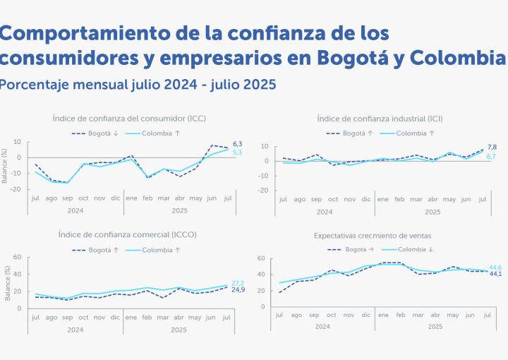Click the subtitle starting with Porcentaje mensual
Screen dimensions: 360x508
(138, 85)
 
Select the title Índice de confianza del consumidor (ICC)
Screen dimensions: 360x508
(129, 118)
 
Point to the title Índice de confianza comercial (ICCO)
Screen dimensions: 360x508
(129, 234)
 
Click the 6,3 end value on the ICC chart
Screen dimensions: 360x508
(238, 144)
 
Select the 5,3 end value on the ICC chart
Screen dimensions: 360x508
(238, 152)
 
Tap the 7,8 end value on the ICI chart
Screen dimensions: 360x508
(492, 147)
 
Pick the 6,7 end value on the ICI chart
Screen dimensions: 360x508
(492, 156)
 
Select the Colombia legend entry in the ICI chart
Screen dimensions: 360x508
(416, 133)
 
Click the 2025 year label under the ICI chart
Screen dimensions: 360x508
(433, 212)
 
